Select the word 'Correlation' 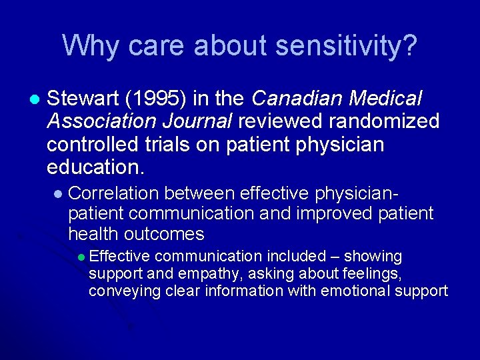113,193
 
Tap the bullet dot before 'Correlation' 58,194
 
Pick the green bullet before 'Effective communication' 81,257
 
